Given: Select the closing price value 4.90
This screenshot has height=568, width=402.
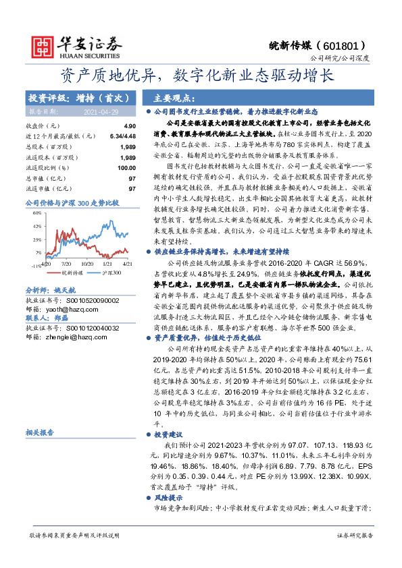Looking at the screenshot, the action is [x=129, y=125].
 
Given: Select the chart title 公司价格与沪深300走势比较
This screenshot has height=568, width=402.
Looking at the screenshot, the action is [x=72, y=202].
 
